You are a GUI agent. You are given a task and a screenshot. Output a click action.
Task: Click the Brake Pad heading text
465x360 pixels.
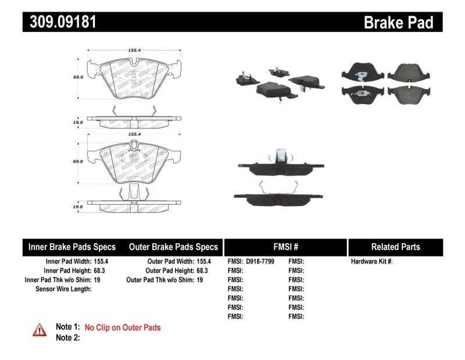pyautogui.click(x=398, y=23)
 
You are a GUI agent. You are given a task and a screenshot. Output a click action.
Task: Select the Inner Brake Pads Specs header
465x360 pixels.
pyautogui.click(x=72, y=247)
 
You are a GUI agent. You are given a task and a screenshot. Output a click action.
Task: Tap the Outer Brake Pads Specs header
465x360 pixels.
pyautogui.click(x=173, y=247)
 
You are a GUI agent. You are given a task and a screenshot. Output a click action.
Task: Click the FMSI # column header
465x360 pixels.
pyautogui.click(x=285, y=247)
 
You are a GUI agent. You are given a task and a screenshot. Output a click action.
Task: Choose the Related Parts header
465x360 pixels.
pyautogui.click(x=395, y=247)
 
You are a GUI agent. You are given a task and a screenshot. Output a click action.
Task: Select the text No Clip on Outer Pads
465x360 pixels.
pyautogui.click(x=123, y=327)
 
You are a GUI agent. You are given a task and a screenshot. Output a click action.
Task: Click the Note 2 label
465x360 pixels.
pyautogui.click(x=67, y=337)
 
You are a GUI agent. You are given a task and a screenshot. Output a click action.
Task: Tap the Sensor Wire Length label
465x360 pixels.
pyautogui.click(x=63, y=289)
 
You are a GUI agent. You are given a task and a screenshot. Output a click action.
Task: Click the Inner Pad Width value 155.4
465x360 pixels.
pyautogui.click(x=102, y=262)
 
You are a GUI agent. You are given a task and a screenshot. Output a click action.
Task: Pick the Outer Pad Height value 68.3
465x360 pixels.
pyautogui.click(x=203, y=270)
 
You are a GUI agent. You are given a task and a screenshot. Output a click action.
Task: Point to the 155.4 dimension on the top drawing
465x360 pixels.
pyautogui.click(x=135, y=51)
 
